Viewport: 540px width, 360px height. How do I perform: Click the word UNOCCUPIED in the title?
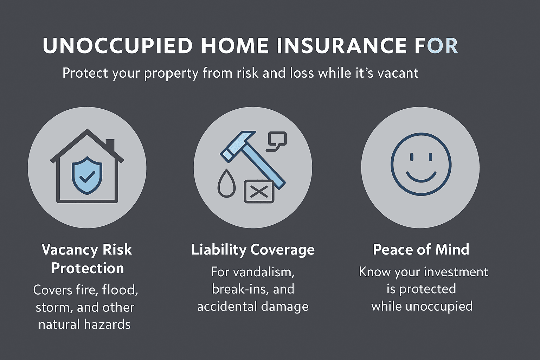pyautogui.click(x=118, y=46)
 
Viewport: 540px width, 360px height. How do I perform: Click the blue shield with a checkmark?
pyautogui.click(x=87, y=175)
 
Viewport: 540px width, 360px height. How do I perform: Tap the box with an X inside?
pyautogui.click(x=259, y=192)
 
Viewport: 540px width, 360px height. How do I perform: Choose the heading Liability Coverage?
pyautogui.click(x=253, y=250)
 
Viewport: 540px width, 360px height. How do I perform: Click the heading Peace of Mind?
pyautogui.click(x=421, y=250)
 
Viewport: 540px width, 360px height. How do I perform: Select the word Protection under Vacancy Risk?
pyautogui.click(x=88, y=268)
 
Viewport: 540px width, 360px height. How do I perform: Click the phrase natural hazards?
pyautogui.click(x=84, y=324)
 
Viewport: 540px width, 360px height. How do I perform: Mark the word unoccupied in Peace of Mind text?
pyautogui.click(x=439, y=306)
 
